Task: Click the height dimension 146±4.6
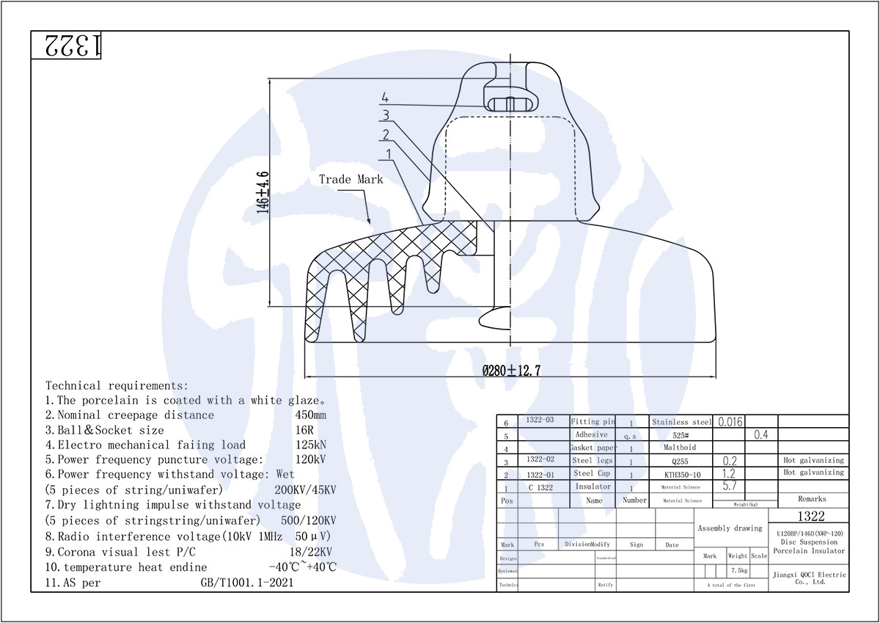coord(263,192)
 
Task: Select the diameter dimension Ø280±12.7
coord(511,371)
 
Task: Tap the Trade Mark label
coord(351,179)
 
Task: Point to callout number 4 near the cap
coord(385,98)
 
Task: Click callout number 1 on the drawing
coord(388,153)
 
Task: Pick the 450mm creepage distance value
coord(310,415)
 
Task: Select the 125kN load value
coord(307,445)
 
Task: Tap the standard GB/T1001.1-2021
coord(248,583)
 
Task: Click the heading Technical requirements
coord(117,385)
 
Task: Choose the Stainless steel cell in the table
coord(682,422)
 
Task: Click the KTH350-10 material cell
coord(682,475)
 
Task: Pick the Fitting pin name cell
coord(593,422)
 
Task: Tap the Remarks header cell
coord(812,499)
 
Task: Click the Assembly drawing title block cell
coord(730,528)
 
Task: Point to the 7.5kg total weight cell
coord(737,570)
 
